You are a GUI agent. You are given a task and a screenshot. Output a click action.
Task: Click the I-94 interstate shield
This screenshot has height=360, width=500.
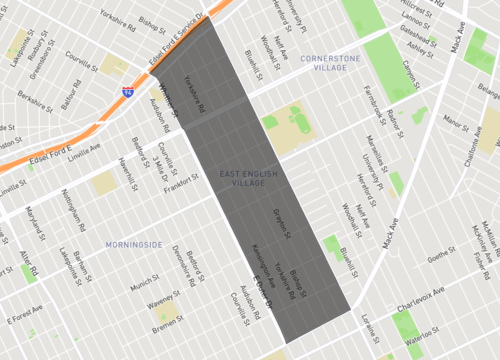pos(128,91)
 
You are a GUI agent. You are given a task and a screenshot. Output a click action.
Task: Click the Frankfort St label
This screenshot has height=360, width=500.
pos(182,183)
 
